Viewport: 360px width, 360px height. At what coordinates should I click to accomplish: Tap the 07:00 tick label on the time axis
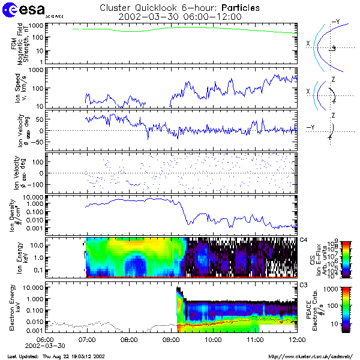click(88, 339)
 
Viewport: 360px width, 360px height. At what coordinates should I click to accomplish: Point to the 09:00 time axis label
click(172, 339)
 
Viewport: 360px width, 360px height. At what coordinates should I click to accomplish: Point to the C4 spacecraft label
click(304, 240)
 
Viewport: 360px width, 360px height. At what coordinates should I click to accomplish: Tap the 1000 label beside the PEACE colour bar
click(333, 289)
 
